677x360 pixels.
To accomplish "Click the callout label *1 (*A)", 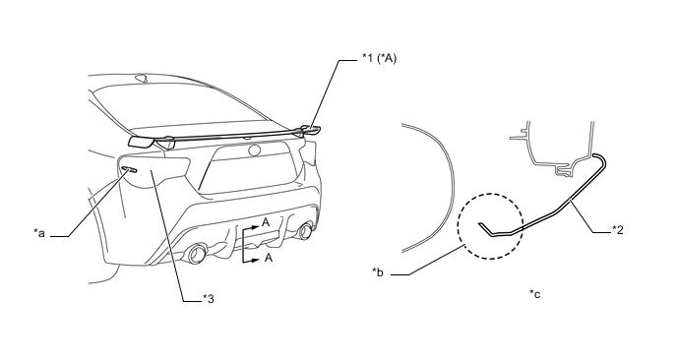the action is (379, 58).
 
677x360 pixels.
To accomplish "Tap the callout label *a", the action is (39, 233).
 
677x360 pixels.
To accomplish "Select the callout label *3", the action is (208, 298).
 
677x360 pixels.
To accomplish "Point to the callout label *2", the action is (618, 229).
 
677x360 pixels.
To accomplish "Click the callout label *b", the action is (378, 272).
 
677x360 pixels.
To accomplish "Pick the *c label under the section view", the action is (535, 294).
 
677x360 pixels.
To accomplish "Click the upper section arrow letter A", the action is (266, 222).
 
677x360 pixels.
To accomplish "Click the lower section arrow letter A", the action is (268, 258).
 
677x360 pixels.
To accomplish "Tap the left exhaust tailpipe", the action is (197, 254).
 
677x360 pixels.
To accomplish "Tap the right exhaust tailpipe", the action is (306, 231).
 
